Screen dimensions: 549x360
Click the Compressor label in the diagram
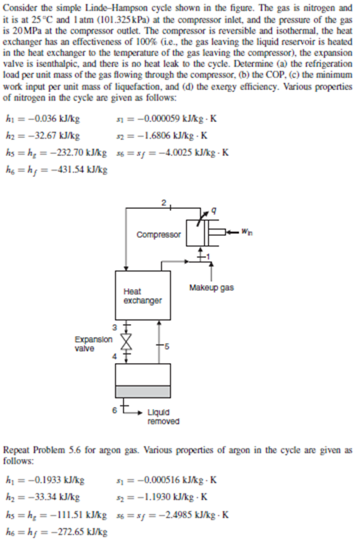[159, 234]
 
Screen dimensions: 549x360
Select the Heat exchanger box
[142, 295]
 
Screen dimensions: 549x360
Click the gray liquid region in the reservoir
[143, 391]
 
